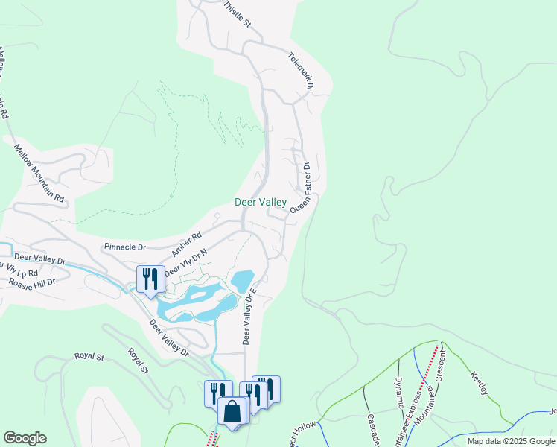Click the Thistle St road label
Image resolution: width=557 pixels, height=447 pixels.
(x=238, y=14)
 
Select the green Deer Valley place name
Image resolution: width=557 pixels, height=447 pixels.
(x=261, y=202)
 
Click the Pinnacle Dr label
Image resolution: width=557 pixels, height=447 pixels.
(x=125, y=246)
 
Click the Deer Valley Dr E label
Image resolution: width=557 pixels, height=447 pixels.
(x=249, y=317)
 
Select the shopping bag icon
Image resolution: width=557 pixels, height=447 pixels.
(x=233, y=410)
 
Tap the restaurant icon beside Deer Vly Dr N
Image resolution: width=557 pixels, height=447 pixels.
(x=150, y=279)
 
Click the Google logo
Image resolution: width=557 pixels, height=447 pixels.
(x=25, y=438)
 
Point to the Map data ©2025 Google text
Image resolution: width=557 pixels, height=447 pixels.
(x=511, y=441)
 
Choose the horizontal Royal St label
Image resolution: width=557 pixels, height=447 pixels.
(x=89, y=356)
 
